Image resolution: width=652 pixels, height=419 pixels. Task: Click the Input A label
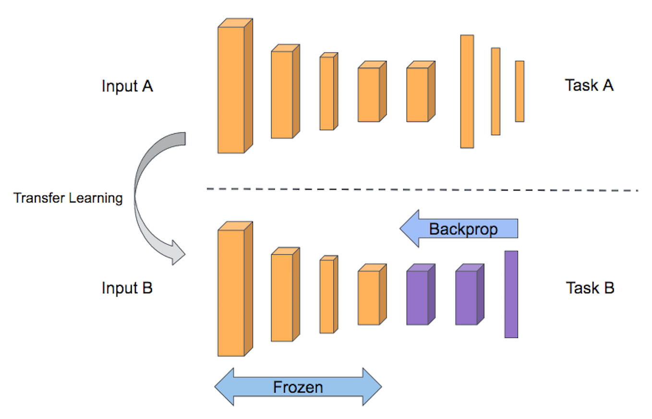(127, 86)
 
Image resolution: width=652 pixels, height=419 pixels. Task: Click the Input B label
(127, 288)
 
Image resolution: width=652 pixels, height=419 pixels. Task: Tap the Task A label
(589, 85)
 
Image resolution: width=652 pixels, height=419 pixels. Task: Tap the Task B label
(590, 288)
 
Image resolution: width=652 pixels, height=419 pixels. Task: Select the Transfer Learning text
(68, 198)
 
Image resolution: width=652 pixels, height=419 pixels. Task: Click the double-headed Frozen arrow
(298, 387)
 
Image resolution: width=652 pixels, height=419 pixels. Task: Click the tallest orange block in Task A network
(232, 90)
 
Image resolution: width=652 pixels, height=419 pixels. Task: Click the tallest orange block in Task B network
(232, 293)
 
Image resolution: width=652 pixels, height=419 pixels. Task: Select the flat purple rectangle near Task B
(511, 294)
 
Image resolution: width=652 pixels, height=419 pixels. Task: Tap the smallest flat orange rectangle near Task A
(519, 91)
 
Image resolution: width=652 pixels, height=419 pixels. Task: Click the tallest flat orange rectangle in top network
(467, 91)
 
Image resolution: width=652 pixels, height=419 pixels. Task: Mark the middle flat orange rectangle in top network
(495, 91)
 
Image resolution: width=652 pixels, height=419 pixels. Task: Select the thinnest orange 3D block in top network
(327, 93)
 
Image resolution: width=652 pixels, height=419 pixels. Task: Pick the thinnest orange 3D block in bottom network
(327, 296)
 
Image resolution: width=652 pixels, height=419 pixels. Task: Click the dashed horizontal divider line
(423, 190)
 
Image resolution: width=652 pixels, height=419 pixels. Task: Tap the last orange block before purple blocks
(369, 298)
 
